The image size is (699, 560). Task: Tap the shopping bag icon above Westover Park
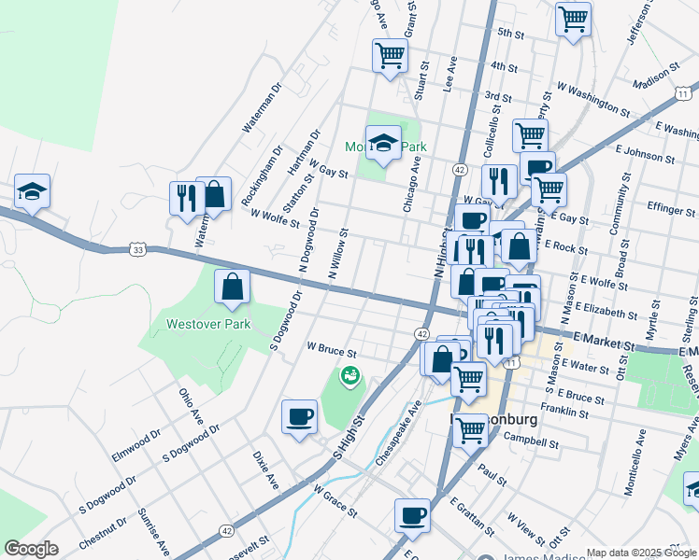point(232,287)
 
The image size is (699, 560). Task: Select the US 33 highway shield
point(137,249)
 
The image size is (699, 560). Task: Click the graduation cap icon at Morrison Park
point(383,143)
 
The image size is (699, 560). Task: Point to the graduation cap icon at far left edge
point(32,192)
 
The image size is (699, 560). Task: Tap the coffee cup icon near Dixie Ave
point(299,415)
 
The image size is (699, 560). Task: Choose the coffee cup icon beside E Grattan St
point(413,514)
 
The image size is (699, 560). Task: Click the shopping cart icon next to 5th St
point(573,18)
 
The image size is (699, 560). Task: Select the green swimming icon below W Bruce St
point(349,375)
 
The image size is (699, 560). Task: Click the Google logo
point(31,549)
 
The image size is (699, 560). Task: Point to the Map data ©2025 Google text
point(641,553)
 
